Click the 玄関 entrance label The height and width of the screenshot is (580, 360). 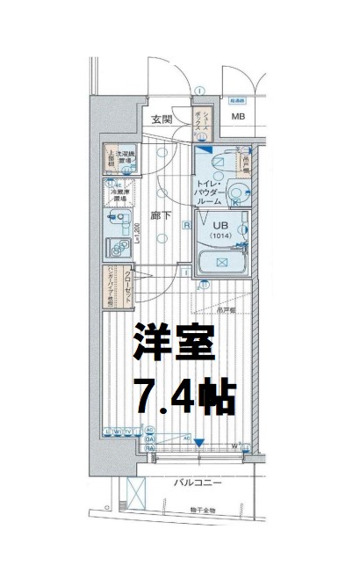(x=161, y=120)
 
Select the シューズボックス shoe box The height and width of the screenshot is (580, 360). (x=202, y=124)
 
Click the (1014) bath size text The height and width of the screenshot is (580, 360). (x=222, y=236)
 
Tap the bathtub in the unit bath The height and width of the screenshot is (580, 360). (x=222, y=262)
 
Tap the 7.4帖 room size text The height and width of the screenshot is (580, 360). (x=184, y=397)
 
